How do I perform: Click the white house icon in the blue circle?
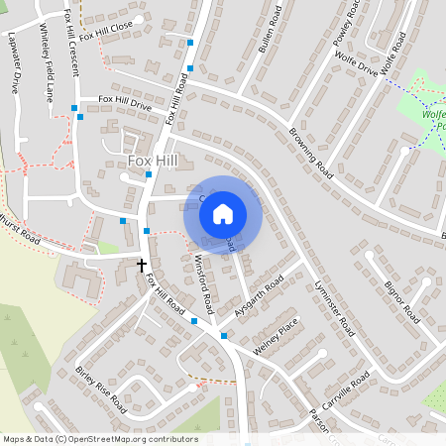[x=223, y=212]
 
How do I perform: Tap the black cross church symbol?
[x=142, y=266]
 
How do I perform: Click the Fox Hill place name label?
[x=153, y=160]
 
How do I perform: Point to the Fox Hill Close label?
[x=108, y=27]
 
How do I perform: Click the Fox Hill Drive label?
[x=124, y=102]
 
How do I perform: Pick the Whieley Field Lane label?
[x=46, y=75]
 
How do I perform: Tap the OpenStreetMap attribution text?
[x=100, y=439]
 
